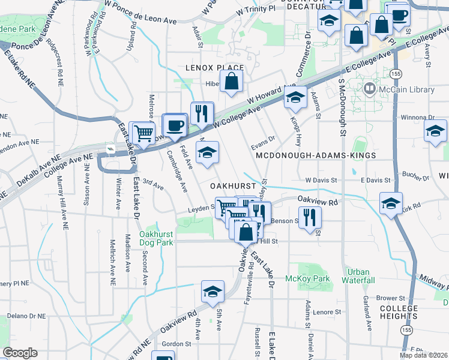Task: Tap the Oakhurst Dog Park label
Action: click(x=156, y=238)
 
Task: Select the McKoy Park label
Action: click(x=316, y=278)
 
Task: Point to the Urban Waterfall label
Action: click(x=358, y=276)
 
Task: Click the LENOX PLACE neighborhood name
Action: click(x=214, y=68)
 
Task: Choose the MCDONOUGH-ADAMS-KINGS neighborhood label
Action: click(x=316, y=155)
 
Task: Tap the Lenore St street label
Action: click(x=327, y=312)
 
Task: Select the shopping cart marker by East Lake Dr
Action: click(x=142, y=133)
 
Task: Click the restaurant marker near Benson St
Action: click(x=309, y=217)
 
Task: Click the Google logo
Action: click(x=20, y=353)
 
